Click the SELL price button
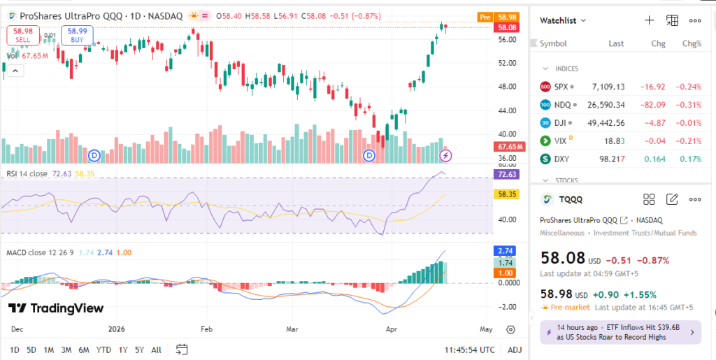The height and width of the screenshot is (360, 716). pos(23,35)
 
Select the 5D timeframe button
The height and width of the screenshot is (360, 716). pos(31,350)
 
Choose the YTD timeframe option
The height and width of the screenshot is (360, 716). pos(103,350)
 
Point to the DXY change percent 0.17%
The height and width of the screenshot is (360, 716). pos(691,159)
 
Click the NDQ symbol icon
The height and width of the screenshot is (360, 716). pos(545,105)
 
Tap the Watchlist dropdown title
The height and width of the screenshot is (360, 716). pos(562,21)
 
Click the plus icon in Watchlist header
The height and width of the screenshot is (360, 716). pos(649,20)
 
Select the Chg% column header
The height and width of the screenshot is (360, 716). pos(691,43)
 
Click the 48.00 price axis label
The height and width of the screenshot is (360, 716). pos(507,87)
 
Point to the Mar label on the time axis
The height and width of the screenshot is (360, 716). pos(293,329)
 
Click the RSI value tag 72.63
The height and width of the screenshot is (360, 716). pos(504,174)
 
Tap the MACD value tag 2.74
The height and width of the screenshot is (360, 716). pos(504,250)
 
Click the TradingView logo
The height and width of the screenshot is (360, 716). pos(56,308)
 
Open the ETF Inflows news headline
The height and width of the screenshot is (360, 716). pos(620,332)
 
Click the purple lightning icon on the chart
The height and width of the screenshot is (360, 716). pos(445,154)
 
